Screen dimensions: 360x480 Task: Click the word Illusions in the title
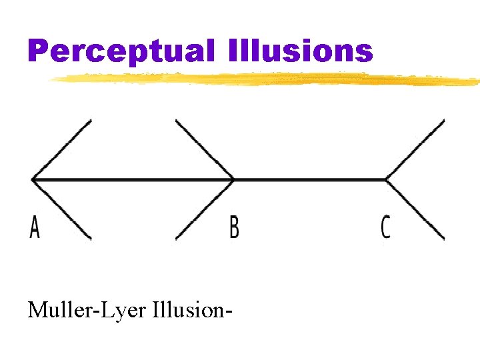[299, 51]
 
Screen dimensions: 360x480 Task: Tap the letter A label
[35, 227]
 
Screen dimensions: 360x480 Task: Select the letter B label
[234, 227]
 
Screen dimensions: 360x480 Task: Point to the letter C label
[385, 227]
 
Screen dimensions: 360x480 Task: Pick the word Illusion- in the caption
[199, 310]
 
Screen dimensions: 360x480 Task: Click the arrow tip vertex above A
[33, 179]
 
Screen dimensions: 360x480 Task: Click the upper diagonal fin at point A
[62, 149]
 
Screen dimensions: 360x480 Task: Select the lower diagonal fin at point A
[62, 209]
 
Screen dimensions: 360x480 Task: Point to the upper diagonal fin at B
[205, 149]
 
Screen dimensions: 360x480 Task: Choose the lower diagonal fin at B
[205, 209]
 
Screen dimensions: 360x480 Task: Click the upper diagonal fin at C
[415, 149]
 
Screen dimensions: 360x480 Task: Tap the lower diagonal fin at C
[415, 209]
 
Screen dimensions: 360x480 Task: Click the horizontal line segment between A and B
[133, 179]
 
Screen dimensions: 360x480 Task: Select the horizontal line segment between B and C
[310, 179]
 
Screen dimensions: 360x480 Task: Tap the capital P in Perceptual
[39, 51]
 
